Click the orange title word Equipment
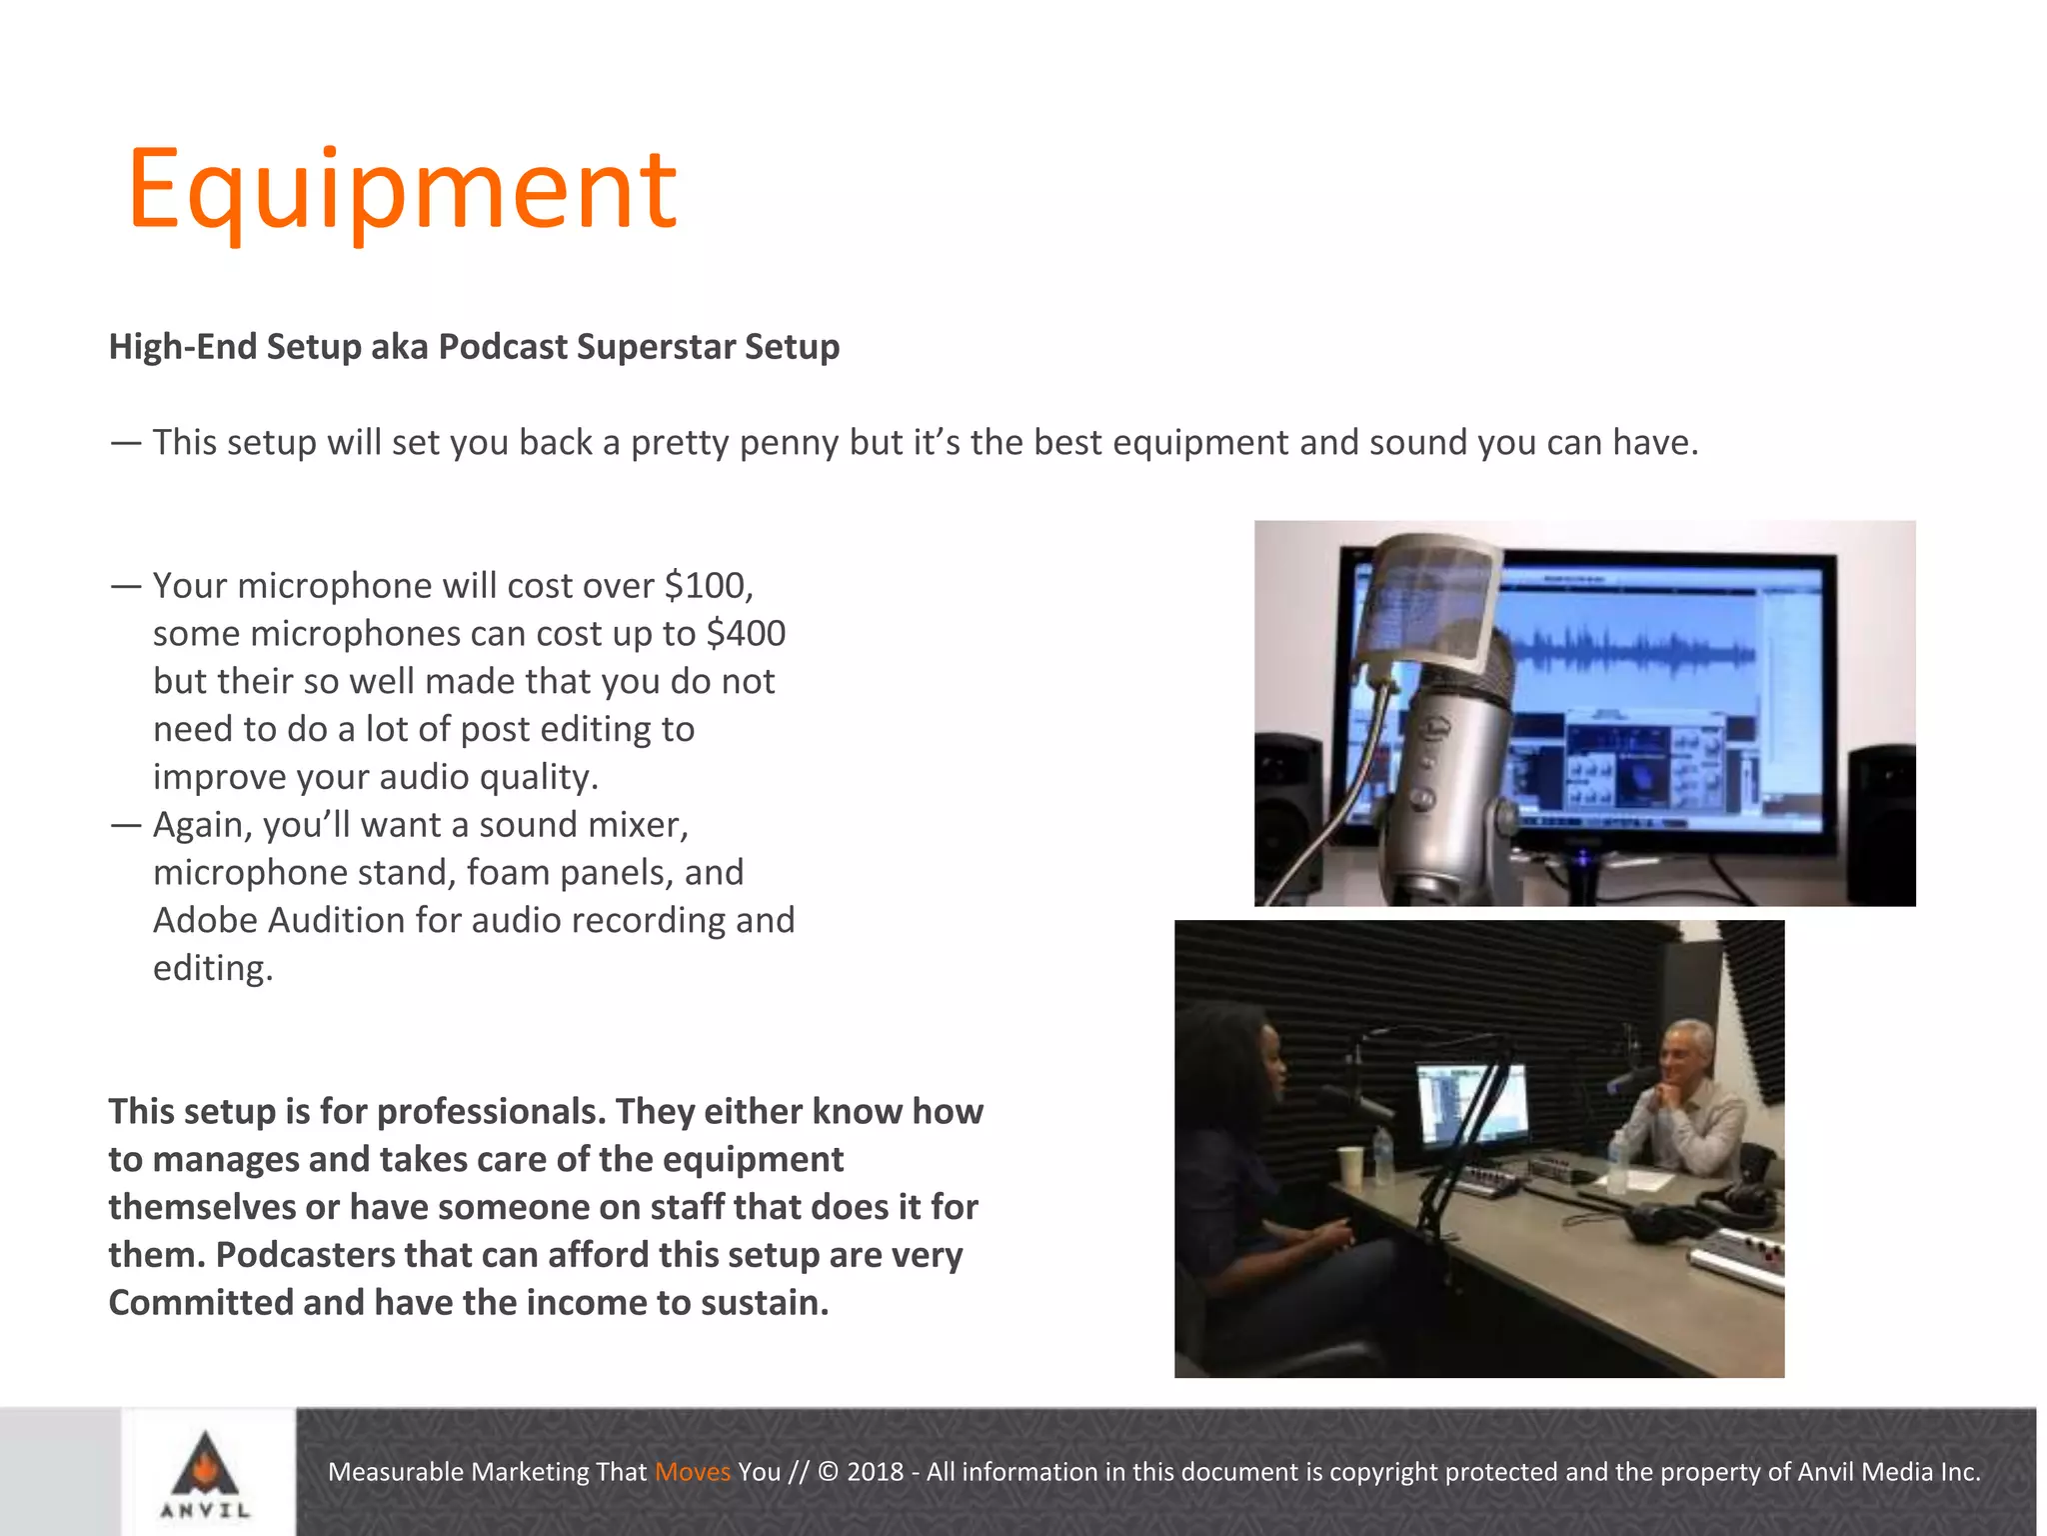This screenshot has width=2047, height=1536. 402,190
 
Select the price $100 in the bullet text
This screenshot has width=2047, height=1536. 708,586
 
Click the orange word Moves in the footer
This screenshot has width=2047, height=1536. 692,1472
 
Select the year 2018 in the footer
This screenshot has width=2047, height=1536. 875,1472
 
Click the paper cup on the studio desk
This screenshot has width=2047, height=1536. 1350,1165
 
